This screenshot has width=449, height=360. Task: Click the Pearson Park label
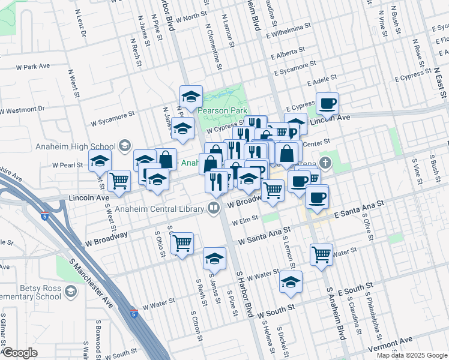[221, 111]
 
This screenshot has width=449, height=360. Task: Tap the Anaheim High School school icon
[125, 145]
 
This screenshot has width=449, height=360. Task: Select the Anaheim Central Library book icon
[213, 208]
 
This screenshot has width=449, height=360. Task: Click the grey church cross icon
[325, 163]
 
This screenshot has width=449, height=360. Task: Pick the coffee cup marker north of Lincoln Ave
[327, 104]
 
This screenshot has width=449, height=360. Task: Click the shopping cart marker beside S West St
[120, 179]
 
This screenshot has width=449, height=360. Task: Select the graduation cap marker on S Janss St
[214, 259]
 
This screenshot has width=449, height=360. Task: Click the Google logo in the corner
[20, 353]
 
